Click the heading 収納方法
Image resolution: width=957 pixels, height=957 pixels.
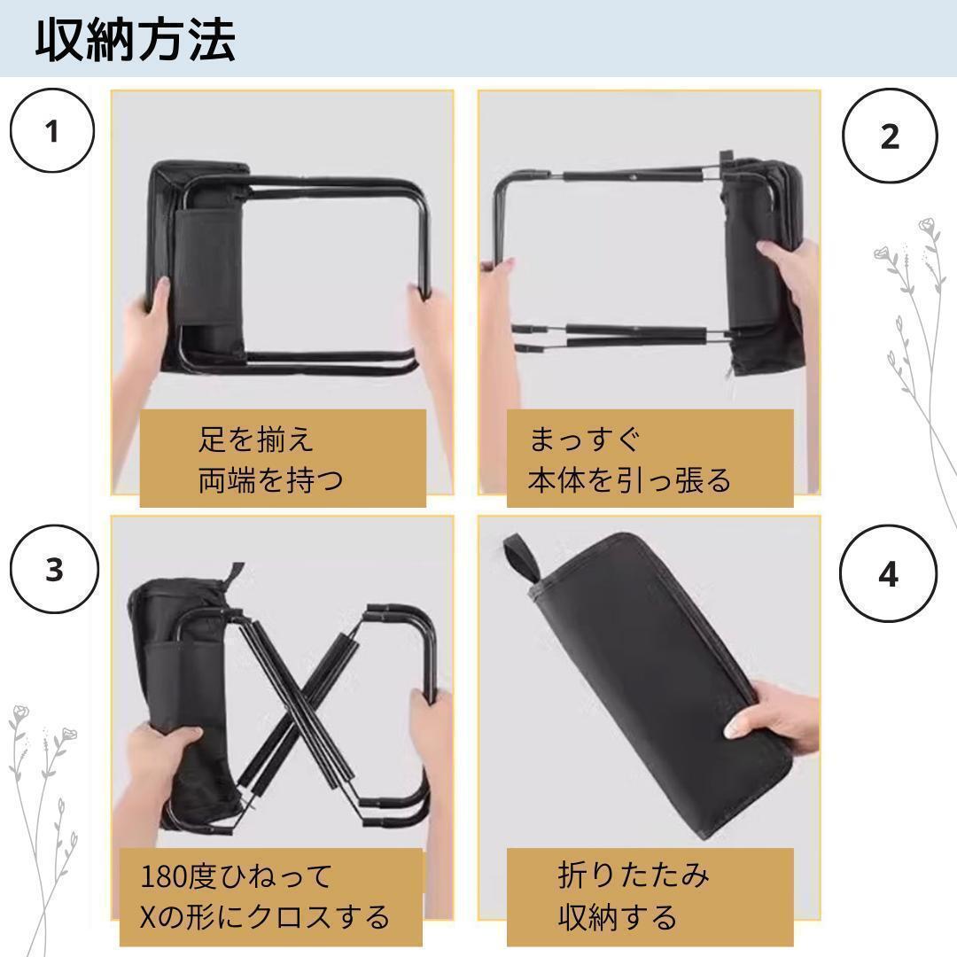(x=136, y=40)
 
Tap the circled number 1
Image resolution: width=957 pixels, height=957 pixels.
(x=52, y=130)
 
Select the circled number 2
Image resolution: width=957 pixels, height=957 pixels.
(x=890, y=136)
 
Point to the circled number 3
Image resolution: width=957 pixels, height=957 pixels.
(x=54, y=569)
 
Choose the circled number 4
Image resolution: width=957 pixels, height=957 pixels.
(x=888, y=573)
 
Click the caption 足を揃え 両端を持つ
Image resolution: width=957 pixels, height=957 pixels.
(x=270, y=459)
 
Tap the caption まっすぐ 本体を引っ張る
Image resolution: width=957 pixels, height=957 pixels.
(x=629, y=459)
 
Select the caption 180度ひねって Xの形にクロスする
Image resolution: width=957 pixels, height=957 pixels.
(x=265, y=895)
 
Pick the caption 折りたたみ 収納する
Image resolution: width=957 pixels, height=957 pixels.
(x=633, y=895)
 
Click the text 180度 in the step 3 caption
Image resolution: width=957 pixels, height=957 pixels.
(x=178, y=876)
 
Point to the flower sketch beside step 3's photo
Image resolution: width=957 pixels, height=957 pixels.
(x=43, y=824)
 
